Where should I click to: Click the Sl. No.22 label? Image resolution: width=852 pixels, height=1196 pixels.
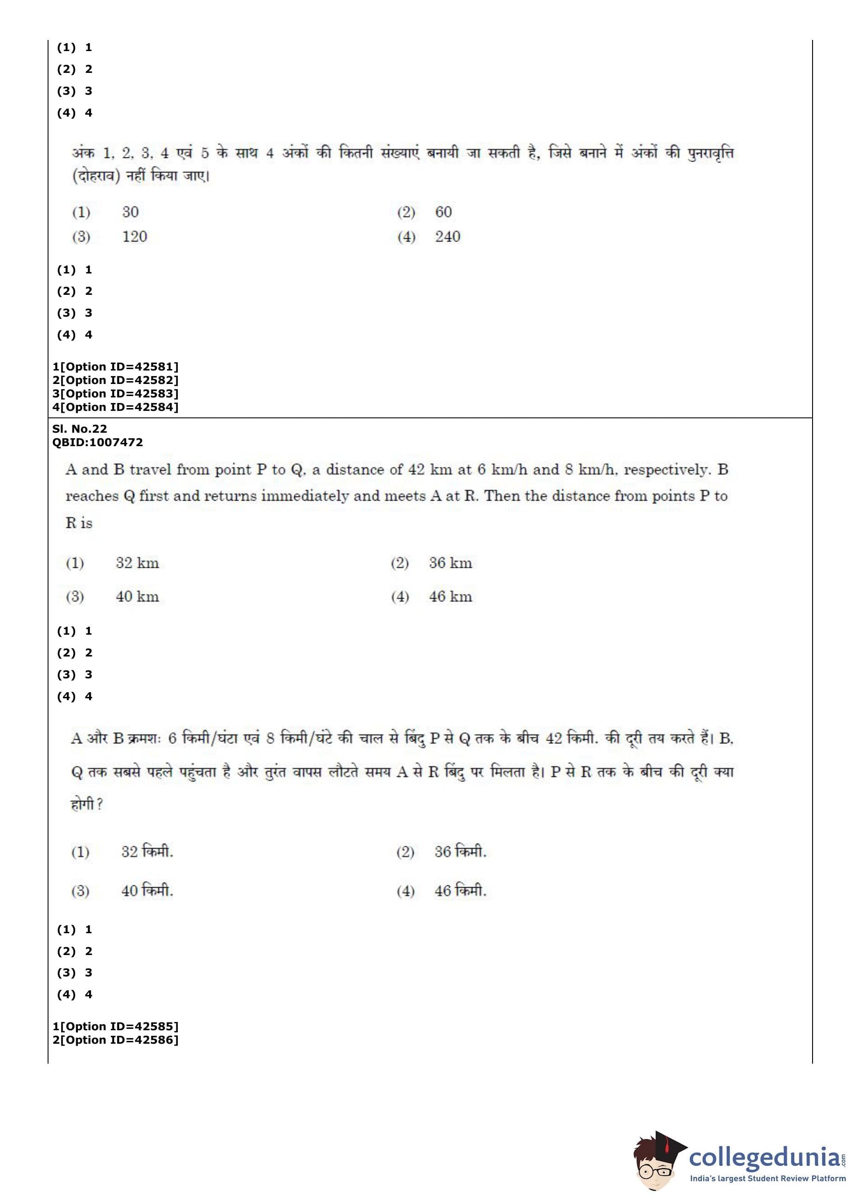[79, 429]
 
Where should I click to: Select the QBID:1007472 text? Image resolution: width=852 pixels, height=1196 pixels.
[97, 442]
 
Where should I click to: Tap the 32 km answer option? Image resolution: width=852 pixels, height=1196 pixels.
[137, 563]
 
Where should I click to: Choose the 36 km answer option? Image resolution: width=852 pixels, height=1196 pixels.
[450, 563]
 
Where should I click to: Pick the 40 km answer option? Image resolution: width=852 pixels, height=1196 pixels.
[137, 597]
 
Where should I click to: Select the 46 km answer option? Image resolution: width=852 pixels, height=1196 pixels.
[450, 597]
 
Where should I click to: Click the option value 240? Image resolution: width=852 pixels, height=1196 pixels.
[447, 237]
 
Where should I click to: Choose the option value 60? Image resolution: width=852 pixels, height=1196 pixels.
[443, 212]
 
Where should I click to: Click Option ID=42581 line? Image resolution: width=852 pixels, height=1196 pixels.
[116, 367]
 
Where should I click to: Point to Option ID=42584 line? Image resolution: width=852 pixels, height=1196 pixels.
[116, 407]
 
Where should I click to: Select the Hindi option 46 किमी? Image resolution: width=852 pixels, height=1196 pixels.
[460, 890]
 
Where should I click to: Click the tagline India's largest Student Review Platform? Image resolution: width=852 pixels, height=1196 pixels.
[768, 1179]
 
